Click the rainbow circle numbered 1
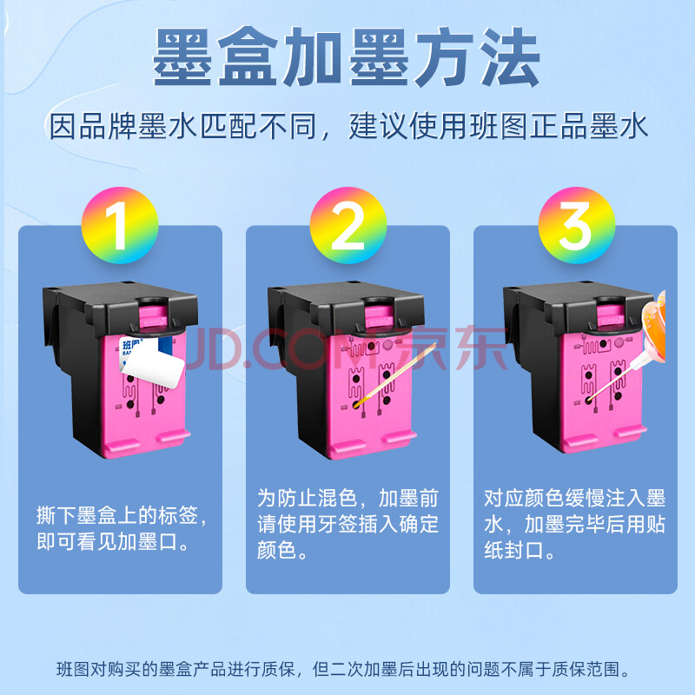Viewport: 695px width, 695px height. (x=120, y=225)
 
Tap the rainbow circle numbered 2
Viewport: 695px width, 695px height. (x=348, y=225)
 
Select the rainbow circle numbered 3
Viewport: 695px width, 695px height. (x=577, y=225)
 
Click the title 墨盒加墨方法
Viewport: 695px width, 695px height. (x=346, y=56)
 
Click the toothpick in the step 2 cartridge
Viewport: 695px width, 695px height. (x=395, y=374)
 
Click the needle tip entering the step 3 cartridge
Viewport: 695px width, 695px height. (x=589, y=400)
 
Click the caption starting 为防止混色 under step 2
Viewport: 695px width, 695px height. (x=348, y=524)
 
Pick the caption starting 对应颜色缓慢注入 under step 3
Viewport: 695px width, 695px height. (x=575, y=524)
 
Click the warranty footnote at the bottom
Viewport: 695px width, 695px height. (x=342, y=669)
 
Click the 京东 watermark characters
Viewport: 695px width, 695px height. (x=452, y=347)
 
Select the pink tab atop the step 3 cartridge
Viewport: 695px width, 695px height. (x=611, y=314)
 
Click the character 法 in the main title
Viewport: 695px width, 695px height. (x=510, y=56)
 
